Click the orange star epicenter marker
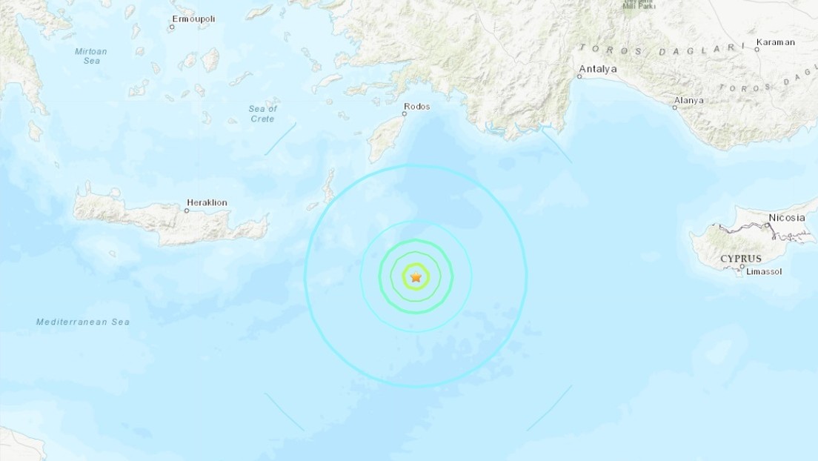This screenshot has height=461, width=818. (416, 277)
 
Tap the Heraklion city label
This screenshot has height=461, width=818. (207, 202)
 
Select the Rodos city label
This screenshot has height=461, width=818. (416, 106)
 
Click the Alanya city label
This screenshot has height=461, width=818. (688, 100)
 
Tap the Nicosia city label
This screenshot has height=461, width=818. (787, 217)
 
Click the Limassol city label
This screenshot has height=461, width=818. (764, 271)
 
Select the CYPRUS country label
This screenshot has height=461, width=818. (740, 259)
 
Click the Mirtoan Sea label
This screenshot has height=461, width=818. (91, 56)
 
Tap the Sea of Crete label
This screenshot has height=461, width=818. (262, 113)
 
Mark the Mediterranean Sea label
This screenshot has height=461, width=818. (83, 322)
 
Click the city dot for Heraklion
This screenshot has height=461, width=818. (186, 211)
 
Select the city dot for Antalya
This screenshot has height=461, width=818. (579, 76)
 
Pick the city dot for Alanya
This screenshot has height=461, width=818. (674, 107)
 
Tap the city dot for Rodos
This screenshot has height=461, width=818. (405, 114)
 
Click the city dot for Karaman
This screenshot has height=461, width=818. (757, 50)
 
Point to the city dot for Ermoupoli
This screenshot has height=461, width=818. (171, 27)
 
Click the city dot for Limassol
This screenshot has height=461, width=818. (742, 273)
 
